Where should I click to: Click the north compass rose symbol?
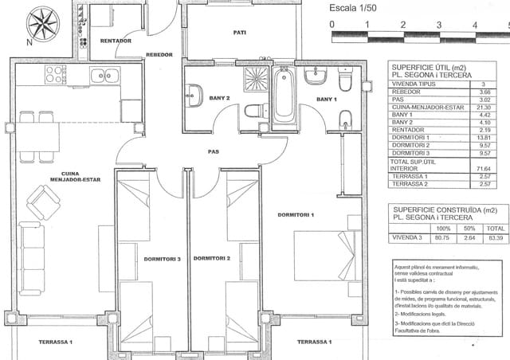point(39,23)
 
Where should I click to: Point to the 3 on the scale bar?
point(438,25)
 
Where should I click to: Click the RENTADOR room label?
point(116,40)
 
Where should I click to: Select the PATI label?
point(239,33)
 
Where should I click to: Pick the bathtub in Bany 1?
point(284,98)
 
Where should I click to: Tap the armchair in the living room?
point(43,202)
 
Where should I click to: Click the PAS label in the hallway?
point(214,151)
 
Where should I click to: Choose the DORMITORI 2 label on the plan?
point(212,259)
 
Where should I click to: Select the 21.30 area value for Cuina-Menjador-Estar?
point(481,108)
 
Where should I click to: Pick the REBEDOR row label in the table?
point(402,92)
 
